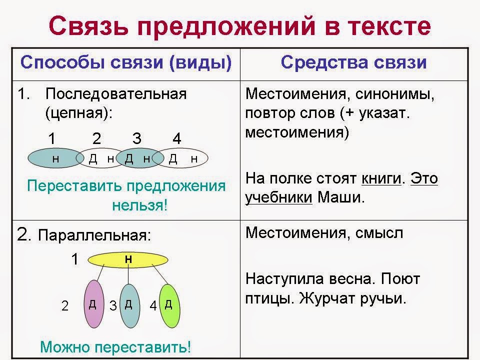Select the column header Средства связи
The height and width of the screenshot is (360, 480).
click(353, 62)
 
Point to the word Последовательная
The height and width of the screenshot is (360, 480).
click(116, 93)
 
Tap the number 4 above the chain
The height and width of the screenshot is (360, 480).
click(177, 138)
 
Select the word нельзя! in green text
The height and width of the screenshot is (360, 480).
click(140, 205)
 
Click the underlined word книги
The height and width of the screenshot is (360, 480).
click(381, 178)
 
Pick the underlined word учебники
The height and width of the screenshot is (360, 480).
click(278, 197)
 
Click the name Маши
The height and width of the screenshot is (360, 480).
click(341, 197)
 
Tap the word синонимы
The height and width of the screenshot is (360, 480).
click(394, 94)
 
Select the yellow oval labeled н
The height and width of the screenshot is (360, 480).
click(128, 260)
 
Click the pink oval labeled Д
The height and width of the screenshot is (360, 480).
click(93, 303)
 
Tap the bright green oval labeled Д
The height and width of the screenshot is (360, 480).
click(169, 306)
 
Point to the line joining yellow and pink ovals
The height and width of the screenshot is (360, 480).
click(100, 272)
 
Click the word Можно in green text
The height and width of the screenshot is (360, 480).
click(65, 347)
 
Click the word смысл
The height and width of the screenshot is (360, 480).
click(379, 233)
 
